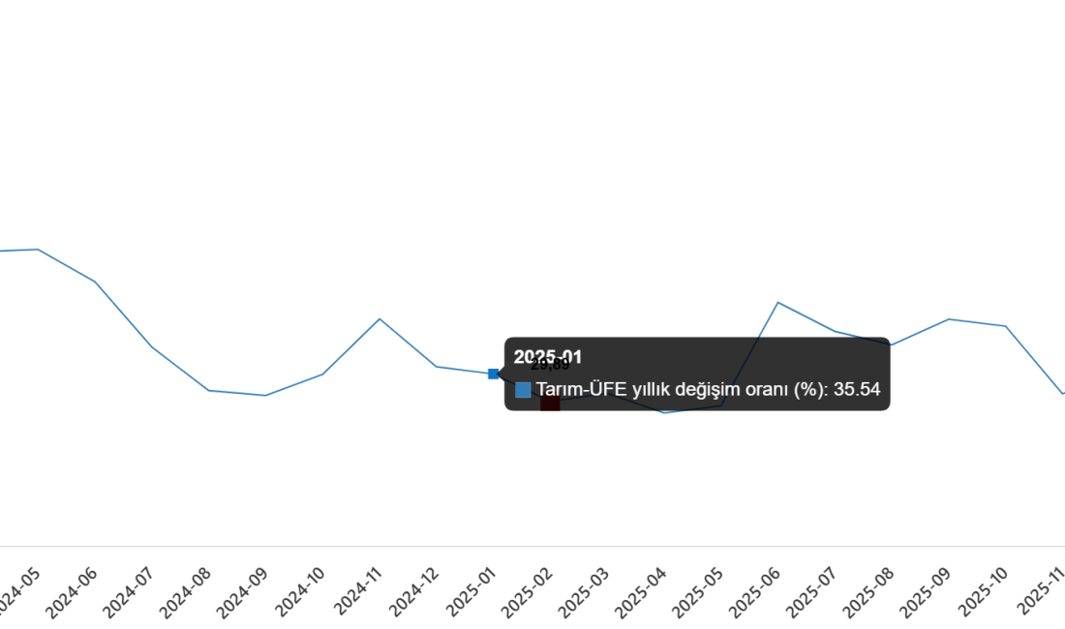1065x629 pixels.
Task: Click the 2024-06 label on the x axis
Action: tap(75, 592)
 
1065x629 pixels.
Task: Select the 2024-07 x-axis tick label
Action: tap(131, 592)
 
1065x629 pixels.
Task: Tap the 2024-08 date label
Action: tap(188, 592)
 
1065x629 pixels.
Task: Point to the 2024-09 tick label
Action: tap(245, 592)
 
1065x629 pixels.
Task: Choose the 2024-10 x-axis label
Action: tap(302, 592)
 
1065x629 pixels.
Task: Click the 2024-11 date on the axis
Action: tap(359, 592)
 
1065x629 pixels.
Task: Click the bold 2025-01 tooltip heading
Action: tap(548, 357)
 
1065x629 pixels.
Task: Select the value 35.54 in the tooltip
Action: tap(857, 390)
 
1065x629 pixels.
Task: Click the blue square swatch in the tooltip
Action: tap(523, 390)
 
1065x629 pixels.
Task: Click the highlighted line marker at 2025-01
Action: tap(493, 374)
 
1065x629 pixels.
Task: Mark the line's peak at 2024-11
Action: tap(380, 318)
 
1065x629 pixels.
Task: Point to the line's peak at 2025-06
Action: tap(778, 303)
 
